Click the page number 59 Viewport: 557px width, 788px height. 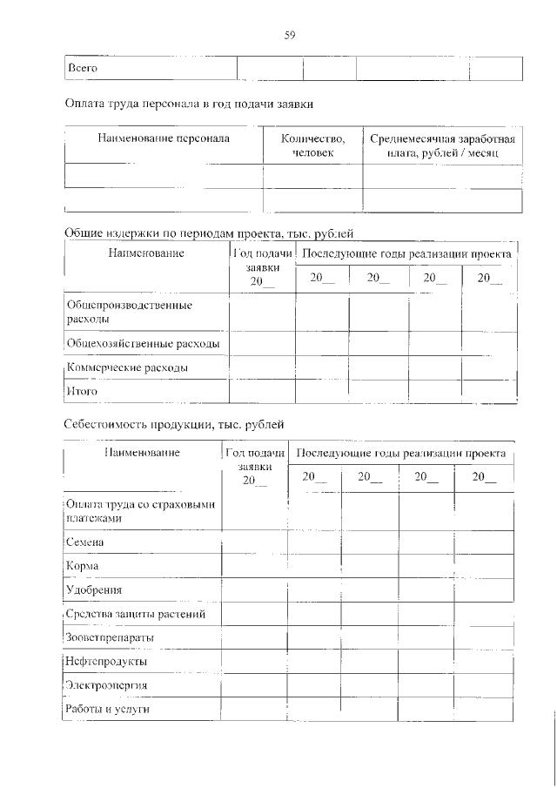click(290, 35)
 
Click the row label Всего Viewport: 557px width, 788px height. click(82, 68)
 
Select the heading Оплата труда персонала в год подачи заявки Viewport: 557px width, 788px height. click(189, 104)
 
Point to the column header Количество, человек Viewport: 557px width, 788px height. click(312, 145)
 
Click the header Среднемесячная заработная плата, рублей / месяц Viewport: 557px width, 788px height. click(442, 145)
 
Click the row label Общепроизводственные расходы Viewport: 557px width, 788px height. click(129, 313)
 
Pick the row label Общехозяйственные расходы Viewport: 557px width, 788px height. click(143, 344)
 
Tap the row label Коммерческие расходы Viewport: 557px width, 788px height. click(127, 368)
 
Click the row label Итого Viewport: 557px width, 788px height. click(82, 392)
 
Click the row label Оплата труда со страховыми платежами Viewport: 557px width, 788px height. click(140, 511)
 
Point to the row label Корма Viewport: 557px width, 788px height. click(83, 566)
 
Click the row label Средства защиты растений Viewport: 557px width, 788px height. click(136, 614)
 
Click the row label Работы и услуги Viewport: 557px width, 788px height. click(108, 710)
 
